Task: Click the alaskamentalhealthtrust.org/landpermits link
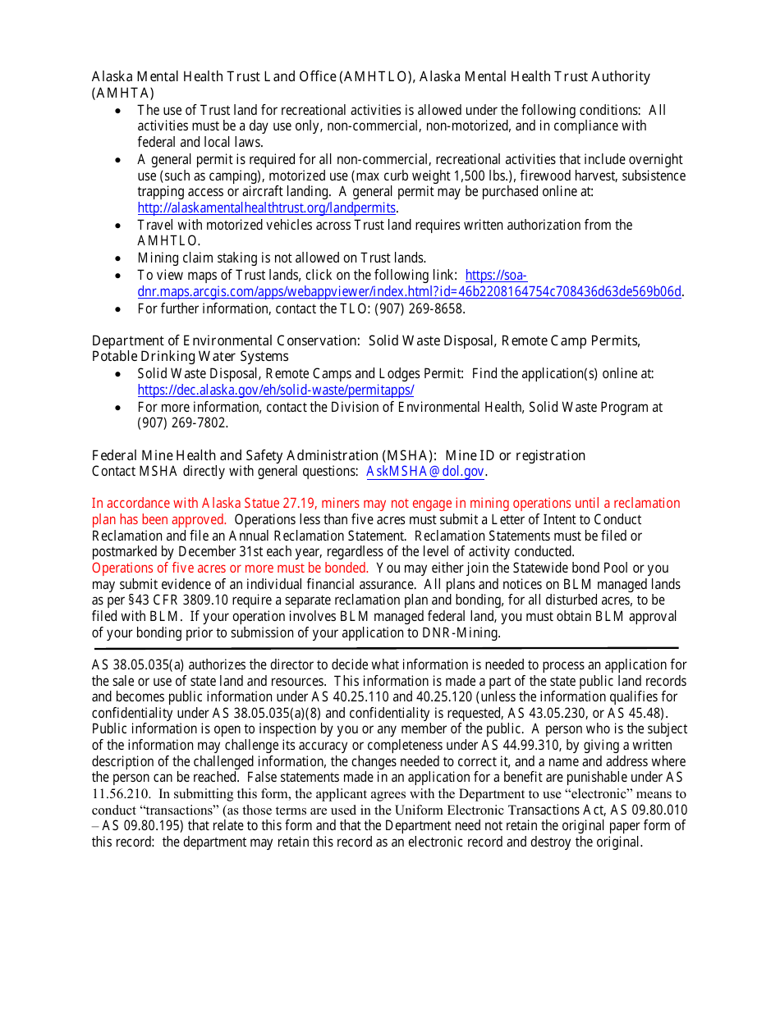pos(266,208)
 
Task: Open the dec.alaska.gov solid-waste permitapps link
pos(276,390)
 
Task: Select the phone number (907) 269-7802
pos(182,423)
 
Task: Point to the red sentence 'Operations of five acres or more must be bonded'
pos(230,568)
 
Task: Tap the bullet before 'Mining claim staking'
pos(120,258)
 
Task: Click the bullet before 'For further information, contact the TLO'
pos(120,309)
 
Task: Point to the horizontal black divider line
pos(386,648)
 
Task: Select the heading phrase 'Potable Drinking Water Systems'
pos(190,357)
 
